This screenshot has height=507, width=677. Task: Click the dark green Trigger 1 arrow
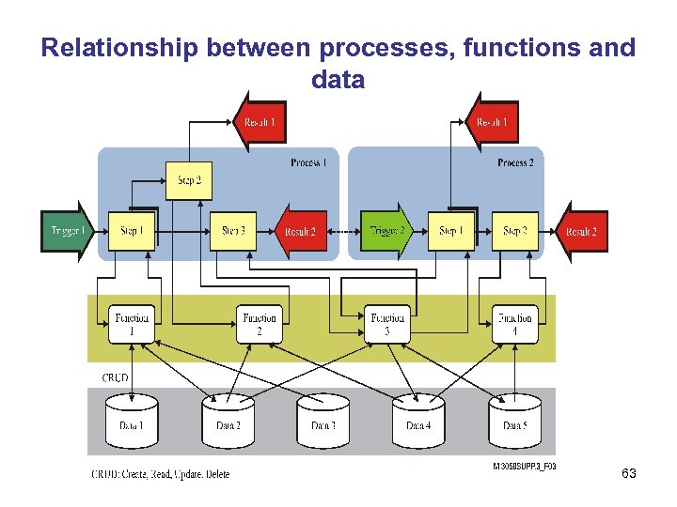[x=67, y=231]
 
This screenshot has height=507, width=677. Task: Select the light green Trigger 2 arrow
[x=386, y=231]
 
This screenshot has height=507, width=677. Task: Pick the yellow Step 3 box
[x=233, y=231]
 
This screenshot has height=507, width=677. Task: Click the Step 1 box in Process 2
[x=451, y=231]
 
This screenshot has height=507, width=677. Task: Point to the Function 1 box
[x=132, y=324]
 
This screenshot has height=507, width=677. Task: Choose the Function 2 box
[x=259, y=324]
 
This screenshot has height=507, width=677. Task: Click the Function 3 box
[x=388, y=324]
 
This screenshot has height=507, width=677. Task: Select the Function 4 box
[x=515, y=324]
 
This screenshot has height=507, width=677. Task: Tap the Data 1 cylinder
[x=132, y=422]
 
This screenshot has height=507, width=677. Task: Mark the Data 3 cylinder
[x=323, y=422]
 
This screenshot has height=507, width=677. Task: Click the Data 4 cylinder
[x=418, y=422]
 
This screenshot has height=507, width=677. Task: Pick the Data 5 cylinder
[x=514, y=422]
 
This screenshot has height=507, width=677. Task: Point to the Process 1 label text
[x=308, y=162]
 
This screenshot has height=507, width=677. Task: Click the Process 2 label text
[x=515, y=162]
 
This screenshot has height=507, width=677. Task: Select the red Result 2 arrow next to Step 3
[x=300, y=231]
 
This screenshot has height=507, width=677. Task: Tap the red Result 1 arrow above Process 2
[x=492, y=122]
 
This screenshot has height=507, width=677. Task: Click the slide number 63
[x=629, y=474]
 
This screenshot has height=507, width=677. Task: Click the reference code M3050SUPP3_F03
[x=524, y=466]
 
